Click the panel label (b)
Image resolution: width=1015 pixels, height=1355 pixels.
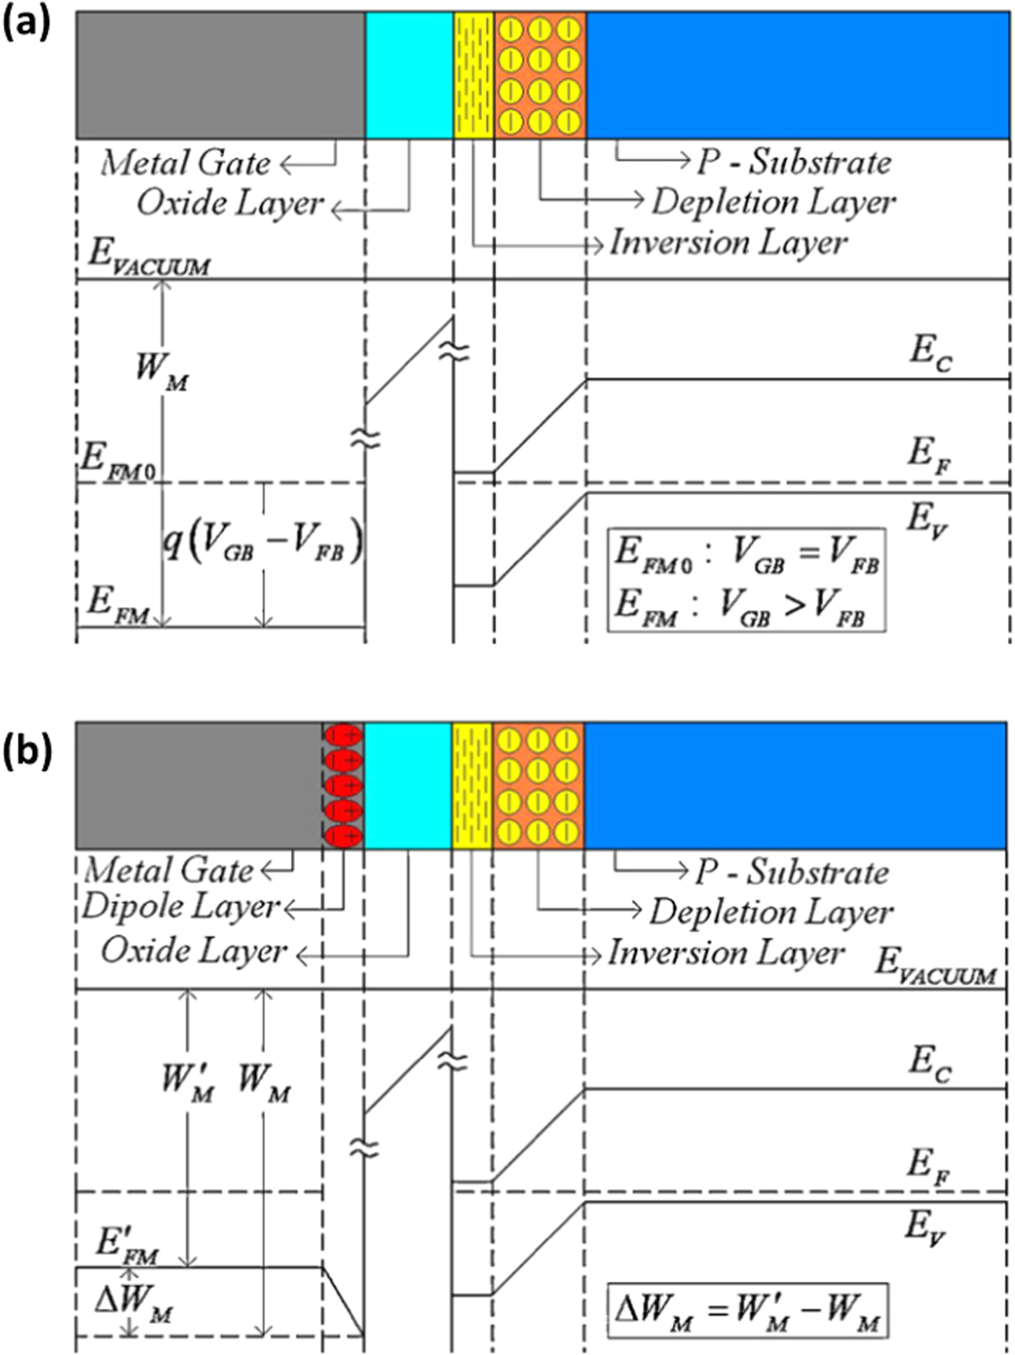[x=26, y=753]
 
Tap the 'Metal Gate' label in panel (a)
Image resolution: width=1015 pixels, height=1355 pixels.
[x=186, y=163]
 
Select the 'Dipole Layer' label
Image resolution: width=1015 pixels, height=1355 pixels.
[x=180, y=907]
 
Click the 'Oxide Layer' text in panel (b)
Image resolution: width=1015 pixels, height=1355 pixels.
[x=193, y=951]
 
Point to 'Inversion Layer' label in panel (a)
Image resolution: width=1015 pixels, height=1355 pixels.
[x=728, y=243]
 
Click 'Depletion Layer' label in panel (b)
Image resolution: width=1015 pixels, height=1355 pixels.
[x=771, y=913]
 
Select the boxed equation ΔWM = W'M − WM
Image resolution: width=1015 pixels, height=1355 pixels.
[x=746, y=1313]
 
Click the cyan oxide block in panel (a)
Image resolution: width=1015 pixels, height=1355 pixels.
[x=409, y=75]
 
